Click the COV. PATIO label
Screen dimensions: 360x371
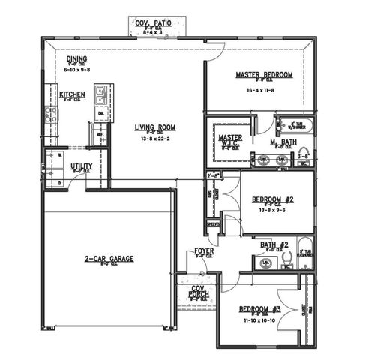(x=154, y=23)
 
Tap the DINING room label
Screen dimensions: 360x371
(x=76, y=59)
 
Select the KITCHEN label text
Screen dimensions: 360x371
(x=72, y=95)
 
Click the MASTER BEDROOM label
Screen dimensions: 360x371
(x=264, y=75)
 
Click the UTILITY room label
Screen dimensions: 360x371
(x=81, y=166)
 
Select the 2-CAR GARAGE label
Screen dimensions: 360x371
(x=109, y=259)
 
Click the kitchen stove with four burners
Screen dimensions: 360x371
(x=51, y=114)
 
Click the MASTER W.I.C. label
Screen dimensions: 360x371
(x=229, y=142)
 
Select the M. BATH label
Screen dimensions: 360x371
(x=283, y=142)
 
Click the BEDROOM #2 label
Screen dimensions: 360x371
(x=271, y=199)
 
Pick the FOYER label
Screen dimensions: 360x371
(x=203, y=250)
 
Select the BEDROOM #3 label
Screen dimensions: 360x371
(x=259, y=308)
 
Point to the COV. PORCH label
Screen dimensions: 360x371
(x=198, y=292)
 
